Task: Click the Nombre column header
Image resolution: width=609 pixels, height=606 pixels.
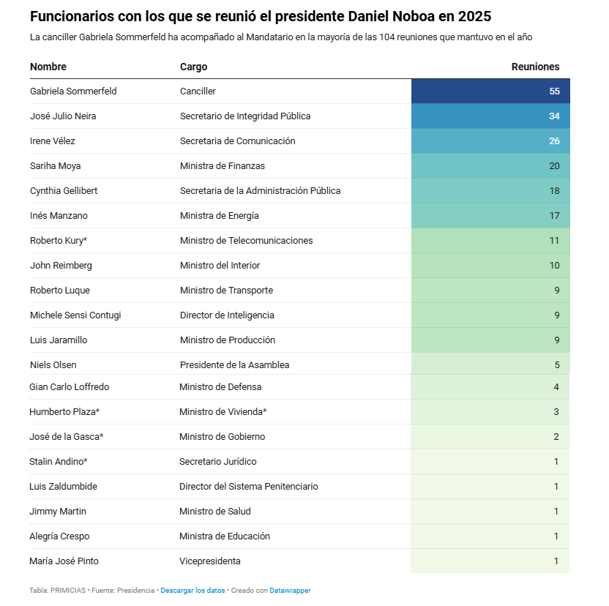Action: pyautogui.click(x=48, y=67)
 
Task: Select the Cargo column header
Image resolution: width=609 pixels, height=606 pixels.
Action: pyautogui.click(x=193, y=67)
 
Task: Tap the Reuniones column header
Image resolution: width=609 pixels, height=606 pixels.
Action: pyautogui.click(x=535, y=67)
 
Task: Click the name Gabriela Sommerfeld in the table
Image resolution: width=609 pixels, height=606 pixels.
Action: pyautogui.click(x=73, y=91)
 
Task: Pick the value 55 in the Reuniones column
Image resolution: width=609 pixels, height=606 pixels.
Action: pyautogui.click(x=554, y=91)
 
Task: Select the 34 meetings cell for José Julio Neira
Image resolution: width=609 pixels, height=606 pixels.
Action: pyautogui.click(x=554, y=116)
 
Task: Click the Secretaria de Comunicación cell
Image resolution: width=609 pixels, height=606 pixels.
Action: pyautogui.click(x=237, y=141)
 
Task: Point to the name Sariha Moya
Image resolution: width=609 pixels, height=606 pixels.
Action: pyautogui.click(x=56, y=166)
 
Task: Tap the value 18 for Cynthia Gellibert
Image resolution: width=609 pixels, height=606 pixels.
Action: pyautogui.click(x=554, y=191)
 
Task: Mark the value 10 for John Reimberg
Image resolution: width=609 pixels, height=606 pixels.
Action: pyautogui.click(x=554, y=266)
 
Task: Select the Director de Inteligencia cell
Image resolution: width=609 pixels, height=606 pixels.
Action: pyautogui.click(x=227, y=315)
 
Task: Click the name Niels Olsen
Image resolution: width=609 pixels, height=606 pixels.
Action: pyautogui.click(x=53, y=364)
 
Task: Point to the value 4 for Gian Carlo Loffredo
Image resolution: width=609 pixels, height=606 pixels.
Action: pyautogui.click(x=556, y=387)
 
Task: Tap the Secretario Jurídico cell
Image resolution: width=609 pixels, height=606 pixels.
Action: pyautogui.click(x=217, y=462)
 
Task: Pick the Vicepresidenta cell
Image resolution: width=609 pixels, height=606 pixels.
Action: pyautogui.click(x=209, y=561)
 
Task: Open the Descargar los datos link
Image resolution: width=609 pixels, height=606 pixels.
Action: pyautogui.click(x=193, y=590)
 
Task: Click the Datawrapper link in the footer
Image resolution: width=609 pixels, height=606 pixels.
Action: pyautogui.click(x=290, y=590)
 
